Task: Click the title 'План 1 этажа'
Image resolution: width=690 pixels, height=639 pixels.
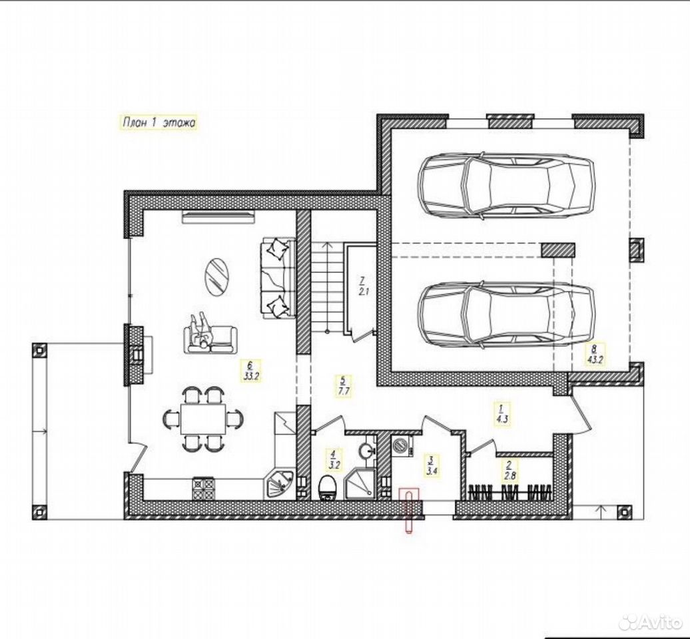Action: pos(159,122)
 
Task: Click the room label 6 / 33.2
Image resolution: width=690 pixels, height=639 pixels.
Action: pos(251,370)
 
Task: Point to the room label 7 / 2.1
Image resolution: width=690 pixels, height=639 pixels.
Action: pos(362,286)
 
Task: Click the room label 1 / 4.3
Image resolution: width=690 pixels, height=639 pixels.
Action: pos(502,413)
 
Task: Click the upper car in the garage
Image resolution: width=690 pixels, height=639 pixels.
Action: pos(506,184)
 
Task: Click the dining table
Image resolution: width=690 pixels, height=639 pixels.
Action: pos(202,419)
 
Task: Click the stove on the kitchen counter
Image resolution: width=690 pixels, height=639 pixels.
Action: pos(203,488)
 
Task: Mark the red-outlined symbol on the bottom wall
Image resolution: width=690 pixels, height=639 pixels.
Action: pos(410,510)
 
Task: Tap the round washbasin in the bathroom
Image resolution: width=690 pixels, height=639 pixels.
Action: pos(366,450)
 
